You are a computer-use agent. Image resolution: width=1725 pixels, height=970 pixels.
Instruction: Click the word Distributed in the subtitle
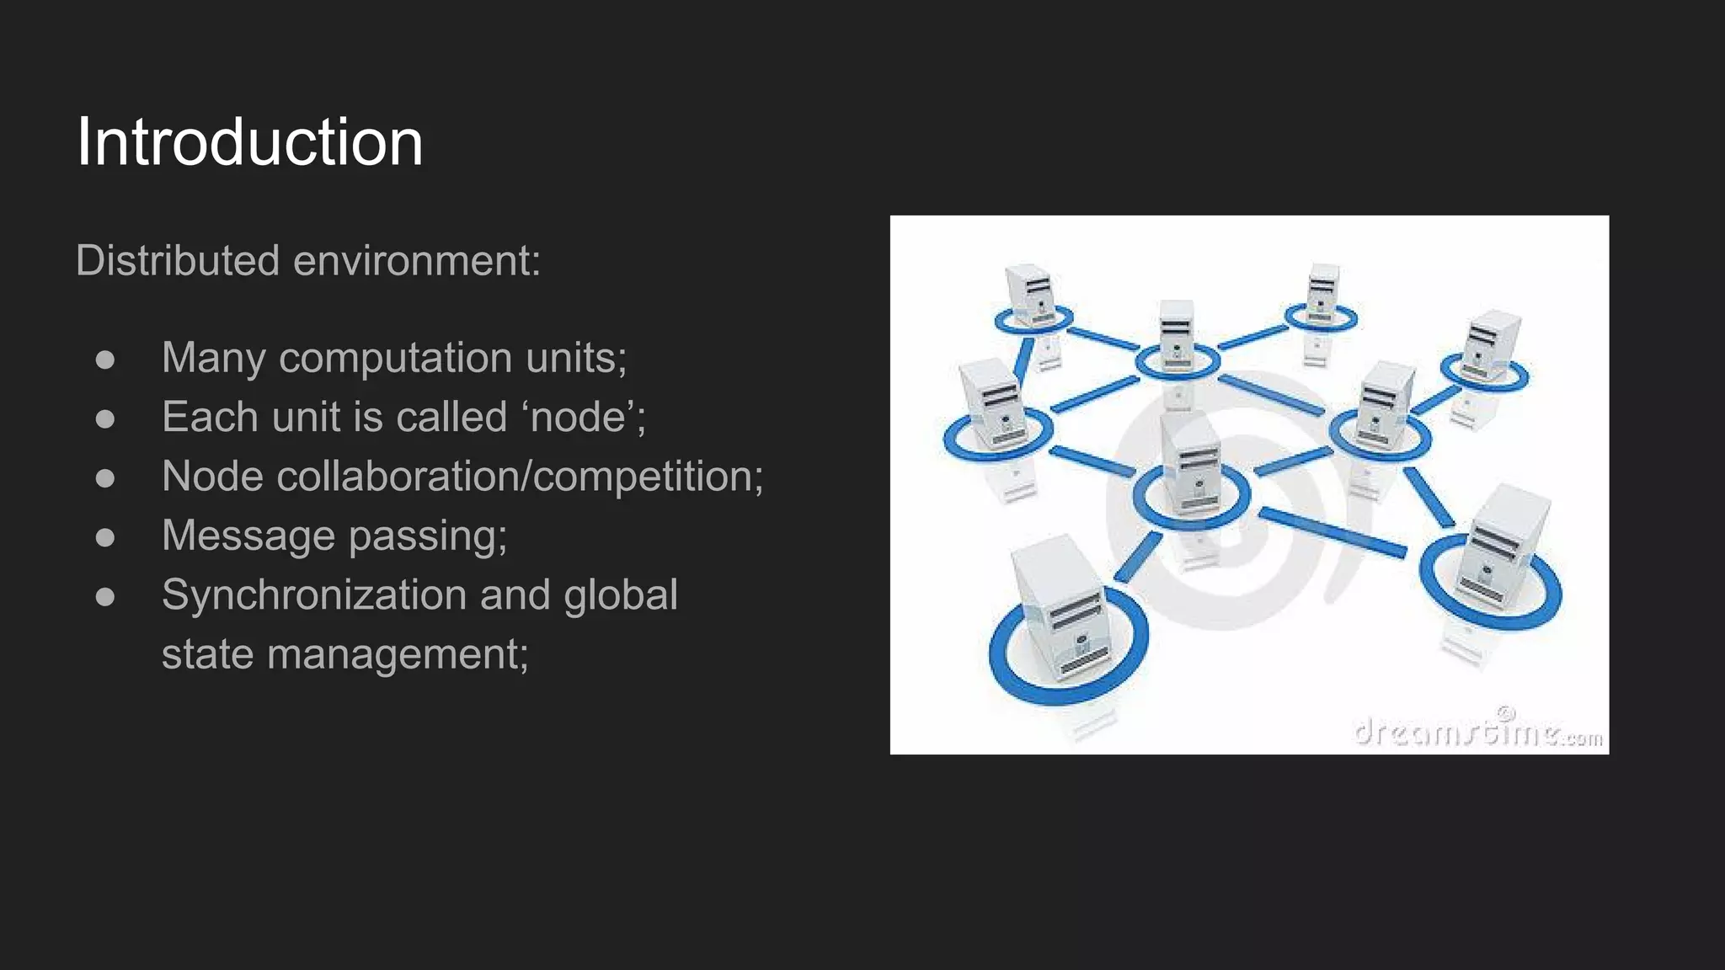point(177,260)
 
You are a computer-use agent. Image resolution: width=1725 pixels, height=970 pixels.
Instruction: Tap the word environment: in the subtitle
point(417,260)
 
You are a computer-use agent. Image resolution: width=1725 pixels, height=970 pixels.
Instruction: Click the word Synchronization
point(314,594)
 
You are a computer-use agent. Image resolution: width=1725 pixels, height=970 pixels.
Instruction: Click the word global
point(621,594)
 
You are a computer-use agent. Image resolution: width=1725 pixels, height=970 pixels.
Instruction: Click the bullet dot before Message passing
point(105,537)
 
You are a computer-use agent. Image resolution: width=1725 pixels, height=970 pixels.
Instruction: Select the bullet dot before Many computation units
point(105,360)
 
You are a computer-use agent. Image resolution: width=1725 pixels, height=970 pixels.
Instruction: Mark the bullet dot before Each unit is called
point(105,418)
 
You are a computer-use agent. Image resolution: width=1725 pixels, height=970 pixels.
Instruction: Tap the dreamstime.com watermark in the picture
point(1478,733)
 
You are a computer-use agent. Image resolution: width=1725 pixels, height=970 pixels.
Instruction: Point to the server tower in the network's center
point(1191,467)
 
